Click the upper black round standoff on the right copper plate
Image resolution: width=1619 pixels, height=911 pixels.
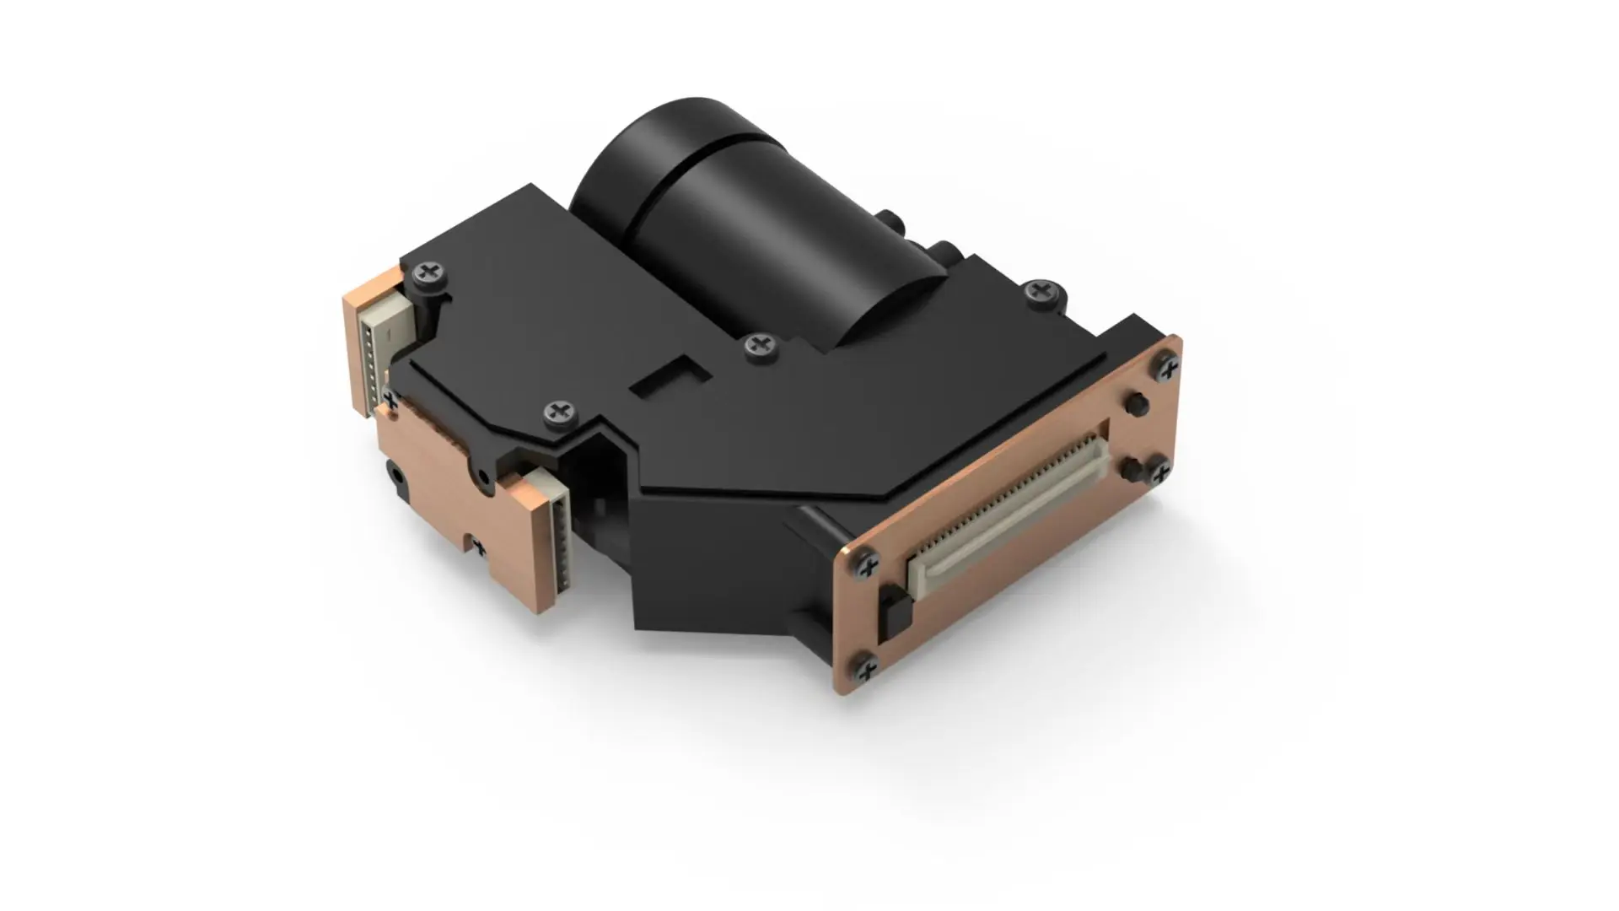coord(1136,405)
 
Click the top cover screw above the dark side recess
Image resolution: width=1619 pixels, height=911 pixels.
coord(557,412)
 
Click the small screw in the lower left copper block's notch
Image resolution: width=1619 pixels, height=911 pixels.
coord(478,547)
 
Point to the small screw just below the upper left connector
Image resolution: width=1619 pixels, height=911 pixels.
coord(389,396)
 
